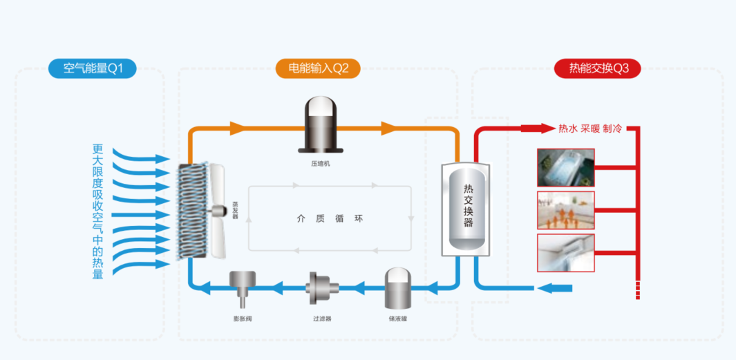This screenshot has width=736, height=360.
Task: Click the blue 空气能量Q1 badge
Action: (92, 68)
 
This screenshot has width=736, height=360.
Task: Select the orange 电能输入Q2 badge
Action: (319, 68)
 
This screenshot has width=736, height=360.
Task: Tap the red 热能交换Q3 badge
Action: (597, 68)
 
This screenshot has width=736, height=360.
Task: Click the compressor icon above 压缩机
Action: (320, 124)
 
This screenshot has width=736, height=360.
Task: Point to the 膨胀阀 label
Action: (243, 319)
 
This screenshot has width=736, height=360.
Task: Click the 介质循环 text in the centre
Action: (330, 218)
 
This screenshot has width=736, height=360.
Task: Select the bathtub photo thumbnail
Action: (565, 167)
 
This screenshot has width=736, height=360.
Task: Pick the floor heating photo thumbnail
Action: (565, 210)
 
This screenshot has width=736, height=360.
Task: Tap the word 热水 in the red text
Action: (567, 129)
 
